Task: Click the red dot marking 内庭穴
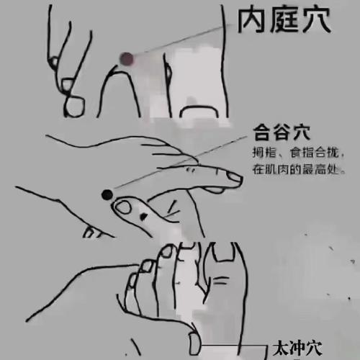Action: pyautogui.click(x=126, y=58)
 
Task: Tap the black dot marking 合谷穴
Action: pyautogui.click(x=106, y=194)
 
